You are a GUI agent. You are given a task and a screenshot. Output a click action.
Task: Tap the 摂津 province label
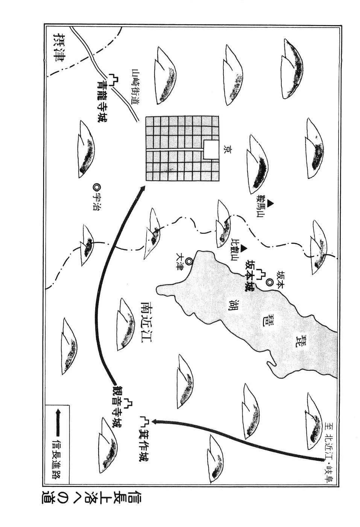(59, 50)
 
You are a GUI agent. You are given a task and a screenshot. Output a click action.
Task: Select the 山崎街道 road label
(136, 87)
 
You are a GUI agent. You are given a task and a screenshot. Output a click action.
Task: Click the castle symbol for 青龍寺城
(113, 79)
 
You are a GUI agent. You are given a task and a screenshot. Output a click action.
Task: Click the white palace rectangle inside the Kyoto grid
(211, 150)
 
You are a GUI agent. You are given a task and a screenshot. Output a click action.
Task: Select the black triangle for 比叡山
(244, 248)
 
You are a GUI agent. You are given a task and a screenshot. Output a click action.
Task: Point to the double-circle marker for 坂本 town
(269, 282)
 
